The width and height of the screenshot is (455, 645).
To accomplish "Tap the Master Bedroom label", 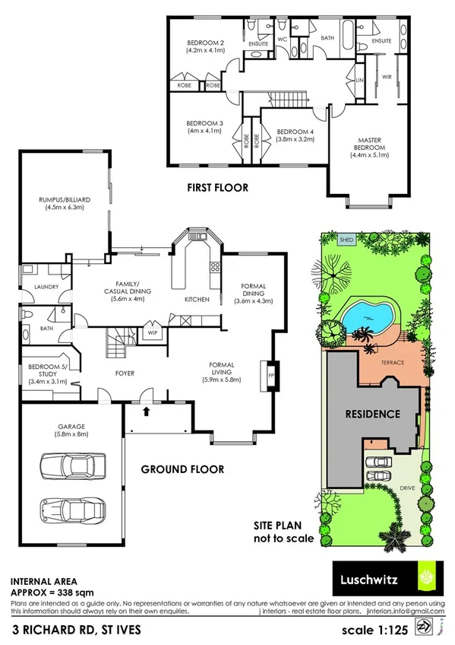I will (x=368, y=144).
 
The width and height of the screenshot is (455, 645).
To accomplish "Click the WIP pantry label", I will (x=152, y=332).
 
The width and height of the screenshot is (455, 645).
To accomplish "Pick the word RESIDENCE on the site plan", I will (x=373, y=415).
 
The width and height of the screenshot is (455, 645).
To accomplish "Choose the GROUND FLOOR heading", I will (x=182, y=469).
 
